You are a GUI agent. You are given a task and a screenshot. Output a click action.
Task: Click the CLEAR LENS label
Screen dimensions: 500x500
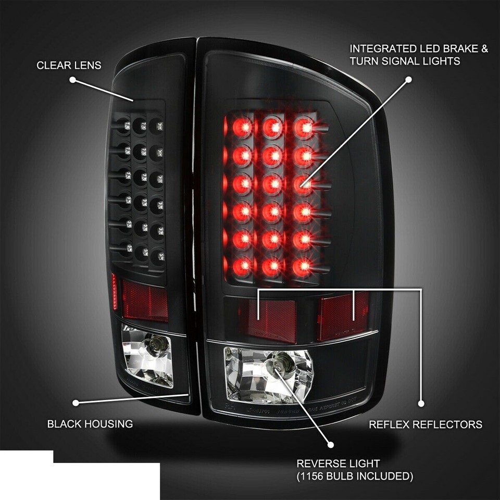pos(69,65)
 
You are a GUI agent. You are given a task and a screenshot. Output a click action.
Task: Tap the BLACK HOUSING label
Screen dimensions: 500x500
pos(90,424)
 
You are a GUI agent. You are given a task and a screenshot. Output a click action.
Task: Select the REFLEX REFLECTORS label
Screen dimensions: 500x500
pos(426,424)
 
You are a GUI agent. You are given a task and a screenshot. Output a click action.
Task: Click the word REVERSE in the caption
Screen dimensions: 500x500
pos(319,464)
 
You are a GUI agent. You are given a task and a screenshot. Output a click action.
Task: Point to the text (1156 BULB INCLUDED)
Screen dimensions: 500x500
pos(355,476)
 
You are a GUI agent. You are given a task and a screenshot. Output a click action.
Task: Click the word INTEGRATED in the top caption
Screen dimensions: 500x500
pos(383,48)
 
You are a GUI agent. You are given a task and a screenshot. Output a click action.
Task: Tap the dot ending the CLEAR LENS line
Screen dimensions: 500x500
pos(73,80)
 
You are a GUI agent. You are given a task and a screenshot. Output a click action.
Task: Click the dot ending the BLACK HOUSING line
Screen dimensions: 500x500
pos(76,403)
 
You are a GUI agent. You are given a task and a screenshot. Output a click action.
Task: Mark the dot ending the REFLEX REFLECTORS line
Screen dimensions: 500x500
pos(421,404)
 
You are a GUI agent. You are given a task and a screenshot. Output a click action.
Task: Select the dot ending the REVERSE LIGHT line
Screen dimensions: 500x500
pos(331,445)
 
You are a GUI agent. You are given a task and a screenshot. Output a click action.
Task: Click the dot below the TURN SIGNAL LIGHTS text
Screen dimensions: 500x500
pos(408,79)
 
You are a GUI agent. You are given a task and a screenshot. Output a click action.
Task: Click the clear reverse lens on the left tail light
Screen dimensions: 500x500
pos(147,356)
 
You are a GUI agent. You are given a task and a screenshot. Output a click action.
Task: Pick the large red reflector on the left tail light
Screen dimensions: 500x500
pos(145,301)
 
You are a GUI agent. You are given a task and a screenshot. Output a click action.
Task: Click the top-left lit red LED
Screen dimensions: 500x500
pos(243,127)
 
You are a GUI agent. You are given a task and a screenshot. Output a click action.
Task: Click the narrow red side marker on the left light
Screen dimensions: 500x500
pos(114,292)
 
